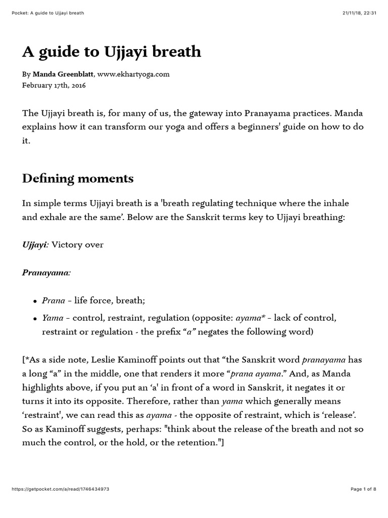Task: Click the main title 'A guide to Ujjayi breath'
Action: click(x=112, y=52)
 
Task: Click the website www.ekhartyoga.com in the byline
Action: click(x=133, y=74)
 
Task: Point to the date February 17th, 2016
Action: click(x=54, y=85)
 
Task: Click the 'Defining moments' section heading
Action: click(x=78, y=178)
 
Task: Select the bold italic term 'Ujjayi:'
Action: click(x=35, y=245)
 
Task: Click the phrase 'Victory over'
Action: click(x=78, y=245)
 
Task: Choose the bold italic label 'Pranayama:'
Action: click(x=46, y=273)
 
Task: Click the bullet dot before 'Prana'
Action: click(x=35, y=301)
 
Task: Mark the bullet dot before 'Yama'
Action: click(x=35, y=319)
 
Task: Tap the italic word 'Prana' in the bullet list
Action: click(x=53, y=300)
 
